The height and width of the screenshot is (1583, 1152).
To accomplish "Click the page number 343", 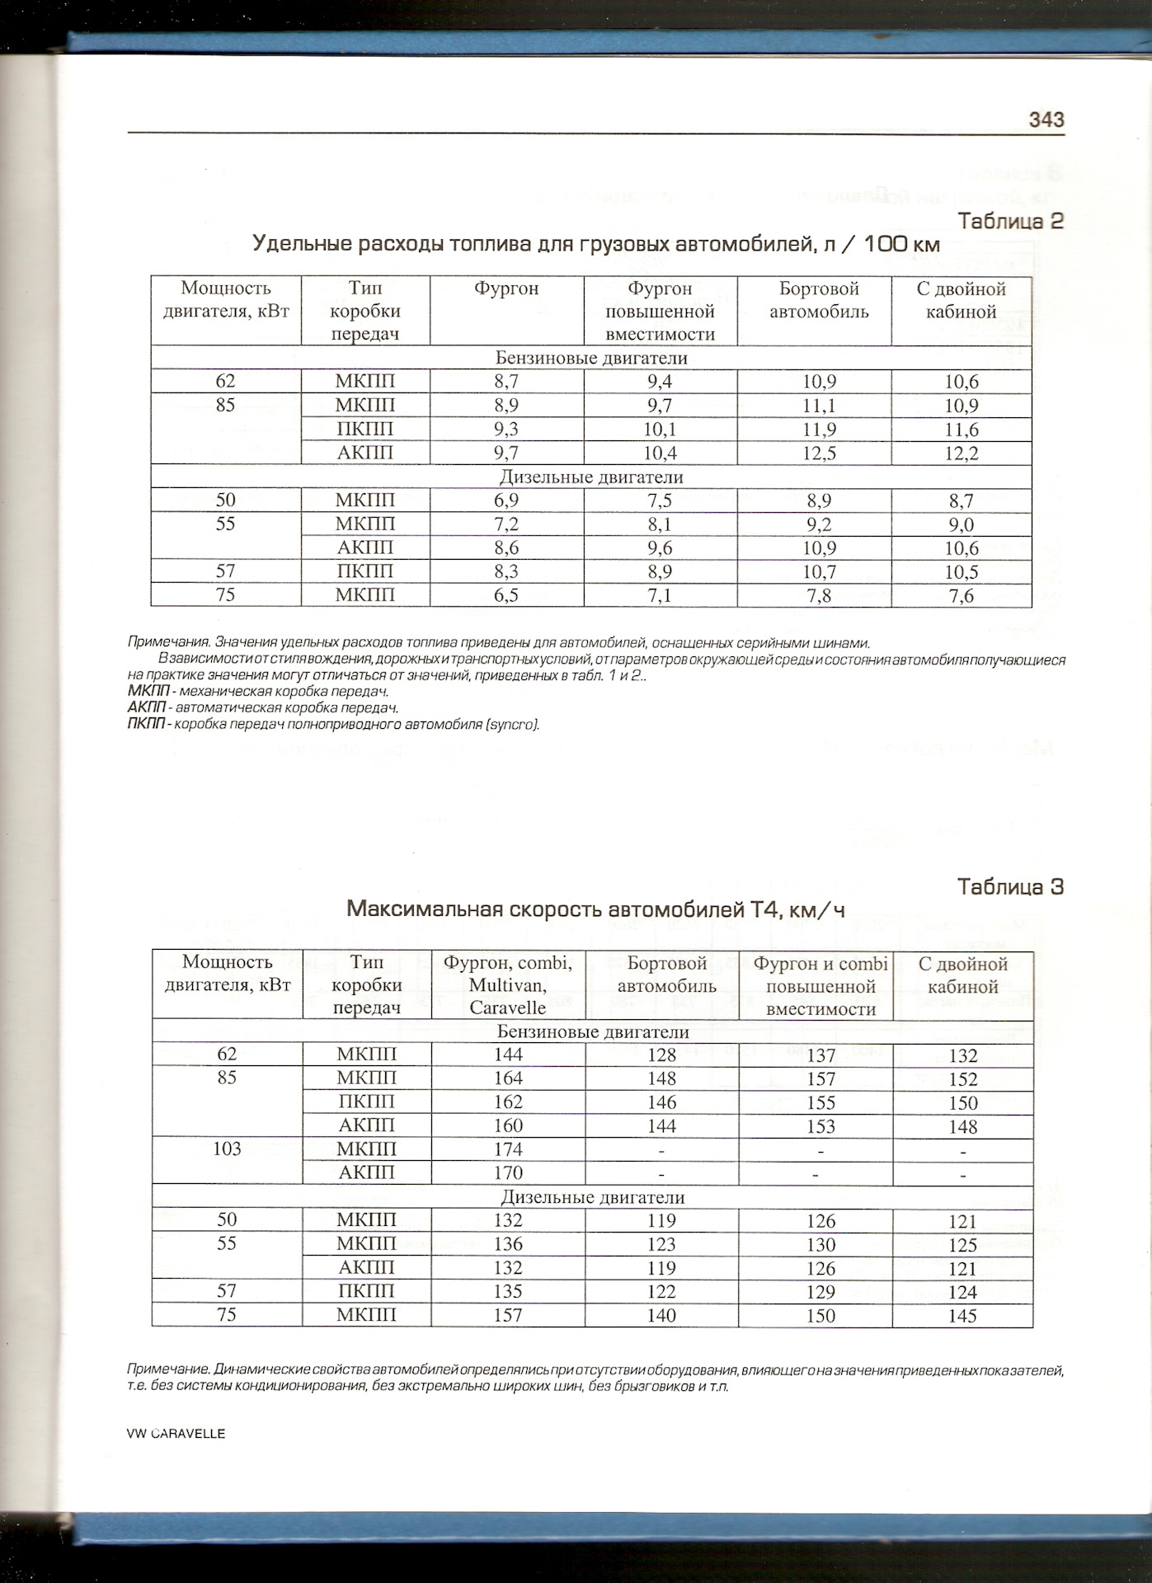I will pos(1046,120).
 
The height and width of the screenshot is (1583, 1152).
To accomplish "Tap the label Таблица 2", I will pos(1010,221).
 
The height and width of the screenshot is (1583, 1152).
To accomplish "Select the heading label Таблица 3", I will pos(1010,887).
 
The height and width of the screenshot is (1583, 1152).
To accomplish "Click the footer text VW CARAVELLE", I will pos(176,1434).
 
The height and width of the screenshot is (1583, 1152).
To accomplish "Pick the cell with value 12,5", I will pos(819,453).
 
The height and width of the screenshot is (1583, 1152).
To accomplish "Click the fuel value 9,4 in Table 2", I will pos(660,381).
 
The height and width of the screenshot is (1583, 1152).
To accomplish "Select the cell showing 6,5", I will pos(505,595).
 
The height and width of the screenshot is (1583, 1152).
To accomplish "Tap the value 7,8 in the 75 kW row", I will pos(819,595).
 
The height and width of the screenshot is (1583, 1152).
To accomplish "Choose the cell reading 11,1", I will pos(819,405).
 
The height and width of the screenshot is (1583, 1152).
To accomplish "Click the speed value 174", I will pos(508,1149).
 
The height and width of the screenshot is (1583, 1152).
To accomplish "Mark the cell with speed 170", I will pos(508,1173).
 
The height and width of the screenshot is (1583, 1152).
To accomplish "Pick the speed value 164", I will pos(508,1078).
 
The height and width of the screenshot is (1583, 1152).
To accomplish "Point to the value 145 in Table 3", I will pos(962,1316).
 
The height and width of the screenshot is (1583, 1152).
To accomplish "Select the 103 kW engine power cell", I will pos(227,1149).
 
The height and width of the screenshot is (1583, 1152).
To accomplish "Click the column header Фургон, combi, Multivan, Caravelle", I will pos(508,984).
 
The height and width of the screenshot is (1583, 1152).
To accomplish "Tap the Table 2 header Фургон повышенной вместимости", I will pos(660,312).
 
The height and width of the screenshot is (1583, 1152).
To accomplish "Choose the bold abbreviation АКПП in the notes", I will pos(146,708).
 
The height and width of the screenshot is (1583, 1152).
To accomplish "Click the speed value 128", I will pos(661,1055).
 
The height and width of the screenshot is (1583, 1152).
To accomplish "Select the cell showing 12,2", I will pos(962,453).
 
